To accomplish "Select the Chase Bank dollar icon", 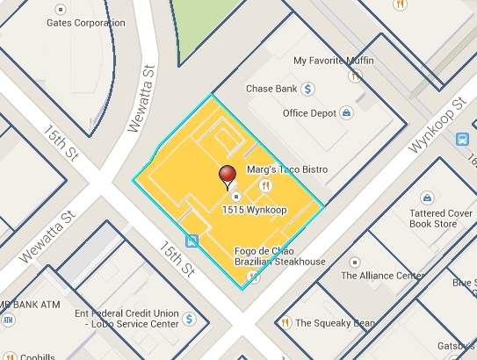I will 308,88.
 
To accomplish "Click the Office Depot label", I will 310,113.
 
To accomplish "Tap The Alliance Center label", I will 382,275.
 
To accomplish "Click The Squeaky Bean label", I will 334,322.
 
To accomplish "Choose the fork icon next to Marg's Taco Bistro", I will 264,184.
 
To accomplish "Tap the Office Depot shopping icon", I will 347,113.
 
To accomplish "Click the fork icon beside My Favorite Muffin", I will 355,76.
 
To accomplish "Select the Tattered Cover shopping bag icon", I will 427,197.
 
